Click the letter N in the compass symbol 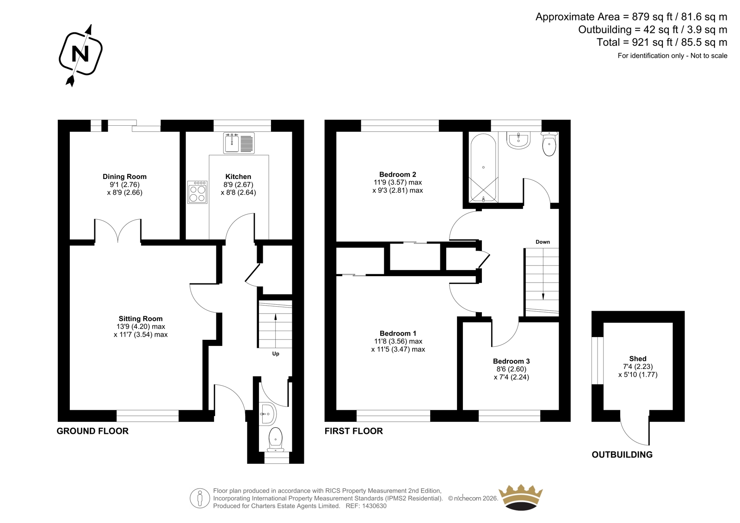point(80,54)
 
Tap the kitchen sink point(239,143)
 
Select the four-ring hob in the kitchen point(197,192)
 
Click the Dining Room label point(124,177)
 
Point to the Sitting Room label point(141,319)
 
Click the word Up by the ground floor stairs point(276,354)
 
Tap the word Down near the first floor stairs point(543,242)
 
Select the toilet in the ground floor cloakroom point(276,440)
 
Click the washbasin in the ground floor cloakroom point(268,414)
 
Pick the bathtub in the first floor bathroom point(483,168)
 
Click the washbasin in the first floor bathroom point(518,141)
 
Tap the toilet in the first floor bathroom point(549,144)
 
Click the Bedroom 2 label point(398,174)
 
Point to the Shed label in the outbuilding point(638,358)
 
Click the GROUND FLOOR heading point(92,431)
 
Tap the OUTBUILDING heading point(622,455)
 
